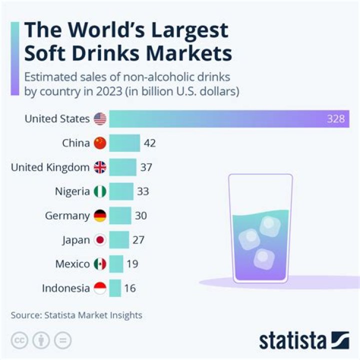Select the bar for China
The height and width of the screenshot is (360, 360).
pos(124,143)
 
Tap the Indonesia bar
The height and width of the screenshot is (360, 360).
pos(115,288)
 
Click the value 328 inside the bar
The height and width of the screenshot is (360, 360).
pos(336,119)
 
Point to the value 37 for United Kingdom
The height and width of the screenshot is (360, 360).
pos(146,167)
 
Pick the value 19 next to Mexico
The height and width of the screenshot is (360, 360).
pos(132,264)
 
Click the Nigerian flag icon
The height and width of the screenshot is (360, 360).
pos(100,191)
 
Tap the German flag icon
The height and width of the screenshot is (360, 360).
pos(100,215)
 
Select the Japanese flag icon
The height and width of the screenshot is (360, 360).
pos(100,240)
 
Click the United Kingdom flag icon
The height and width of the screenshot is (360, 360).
pos(100,167)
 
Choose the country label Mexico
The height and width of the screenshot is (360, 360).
pos(72,264)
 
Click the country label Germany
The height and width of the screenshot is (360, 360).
pos(67,215)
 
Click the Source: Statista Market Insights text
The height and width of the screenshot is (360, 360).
pos(76,315)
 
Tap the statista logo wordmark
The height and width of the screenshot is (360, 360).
pos(292,341)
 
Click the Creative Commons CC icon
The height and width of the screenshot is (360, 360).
pos(18,340)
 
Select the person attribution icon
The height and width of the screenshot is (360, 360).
pos(40,340)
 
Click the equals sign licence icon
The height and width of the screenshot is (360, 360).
pos(62,340)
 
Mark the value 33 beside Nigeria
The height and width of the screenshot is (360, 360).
pos(143,191)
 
